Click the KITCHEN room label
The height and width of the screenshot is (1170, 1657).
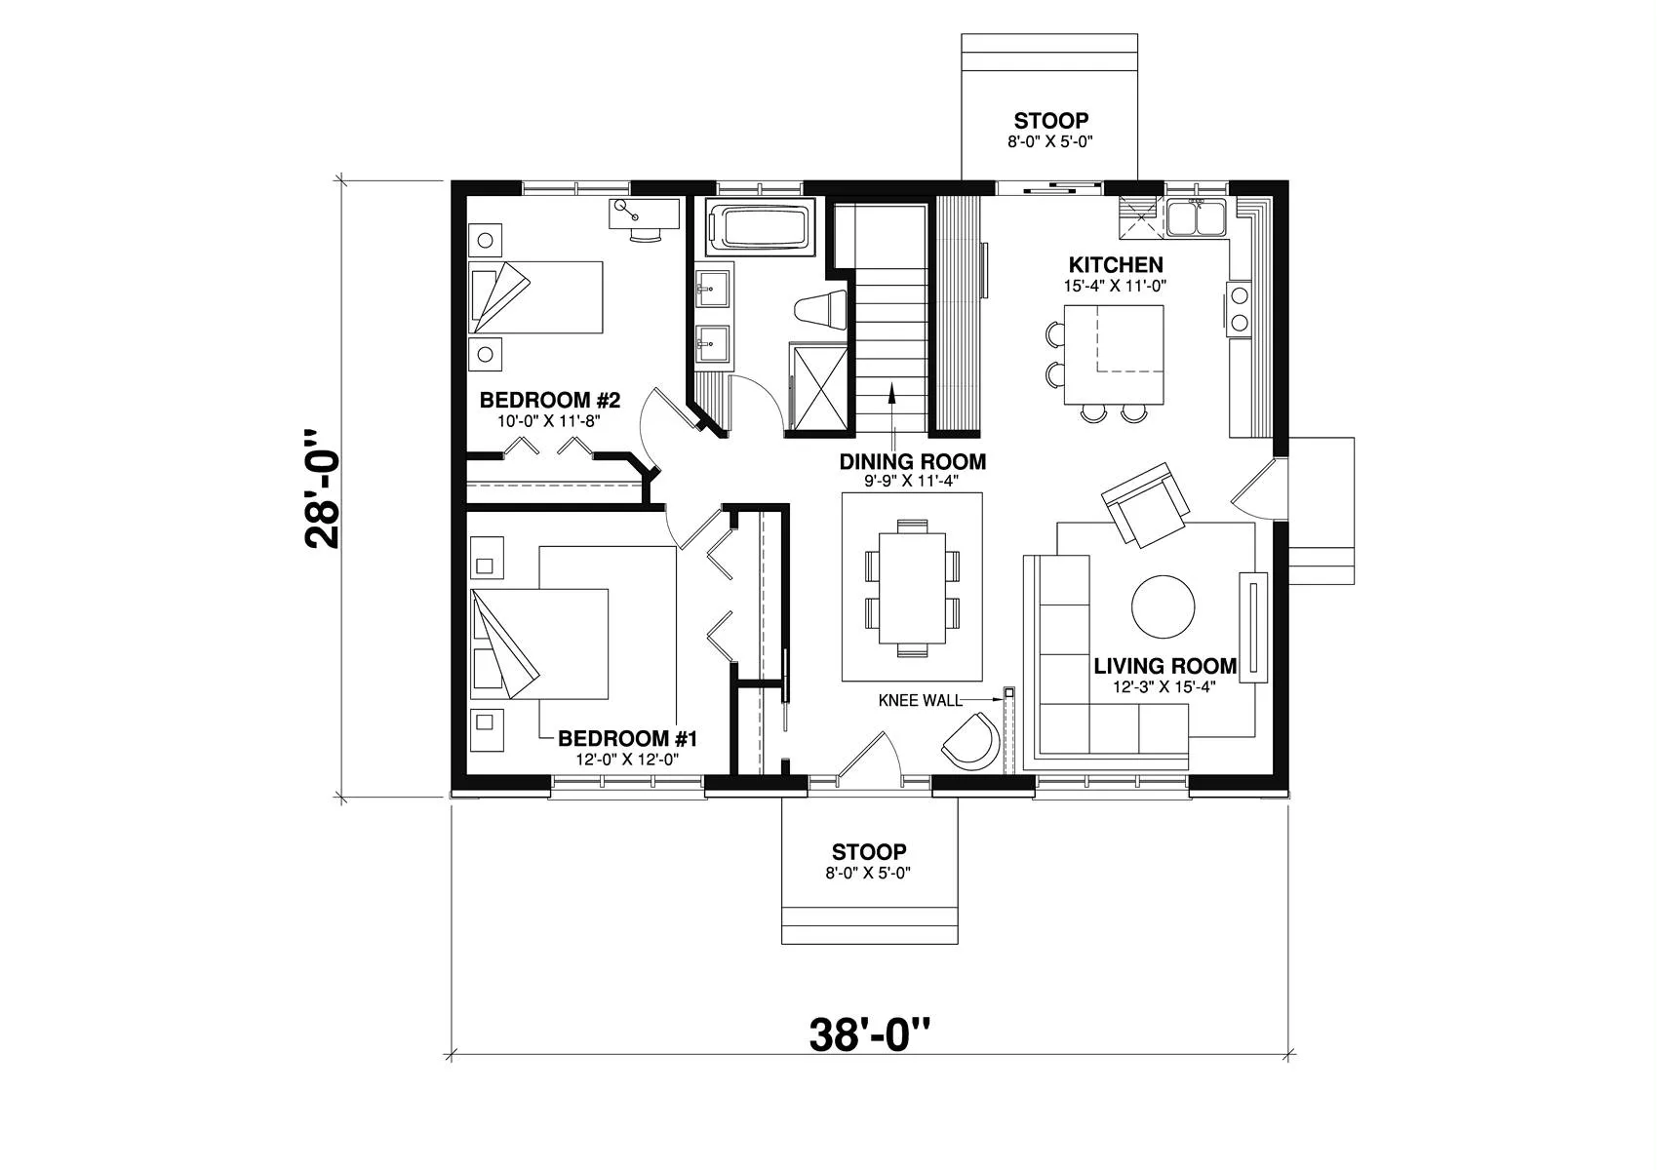[x=1116, y=265]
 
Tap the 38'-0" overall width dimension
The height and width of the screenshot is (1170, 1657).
[x=869, y=1034]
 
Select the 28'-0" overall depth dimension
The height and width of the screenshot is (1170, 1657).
[x=322, y=488]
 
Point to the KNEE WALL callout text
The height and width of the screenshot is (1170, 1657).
[x=921, y=700]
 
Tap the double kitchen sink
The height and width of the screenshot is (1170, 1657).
[x=1196, y=217]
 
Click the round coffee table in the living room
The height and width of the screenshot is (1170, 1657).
[x=1163, y=606]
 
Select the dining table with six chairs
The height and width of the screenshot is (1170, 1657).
[x=912, y=589]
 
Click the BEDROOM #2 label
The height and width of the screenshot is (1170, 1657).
[x=550, y=400]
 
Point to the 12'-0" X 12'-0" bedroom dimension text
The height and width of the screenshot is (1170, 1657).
[x=627, y=760]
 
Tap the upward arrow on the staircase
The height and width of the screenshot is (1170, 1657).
[x=892, y=415]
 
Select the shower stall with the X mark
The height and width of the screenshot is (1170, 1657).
[x=818, y=385]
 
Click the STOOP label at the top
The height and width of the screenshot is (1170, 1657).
[x=1050, y=121]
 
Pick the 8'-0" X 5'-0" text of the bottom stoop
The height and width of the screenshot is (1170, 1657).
[x=868, y=873]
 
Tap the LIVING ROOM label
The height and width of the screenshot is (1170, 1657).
[x=1165, y=666]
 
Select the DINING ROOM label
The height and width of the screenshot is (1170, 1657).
[x=912, y=461]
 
